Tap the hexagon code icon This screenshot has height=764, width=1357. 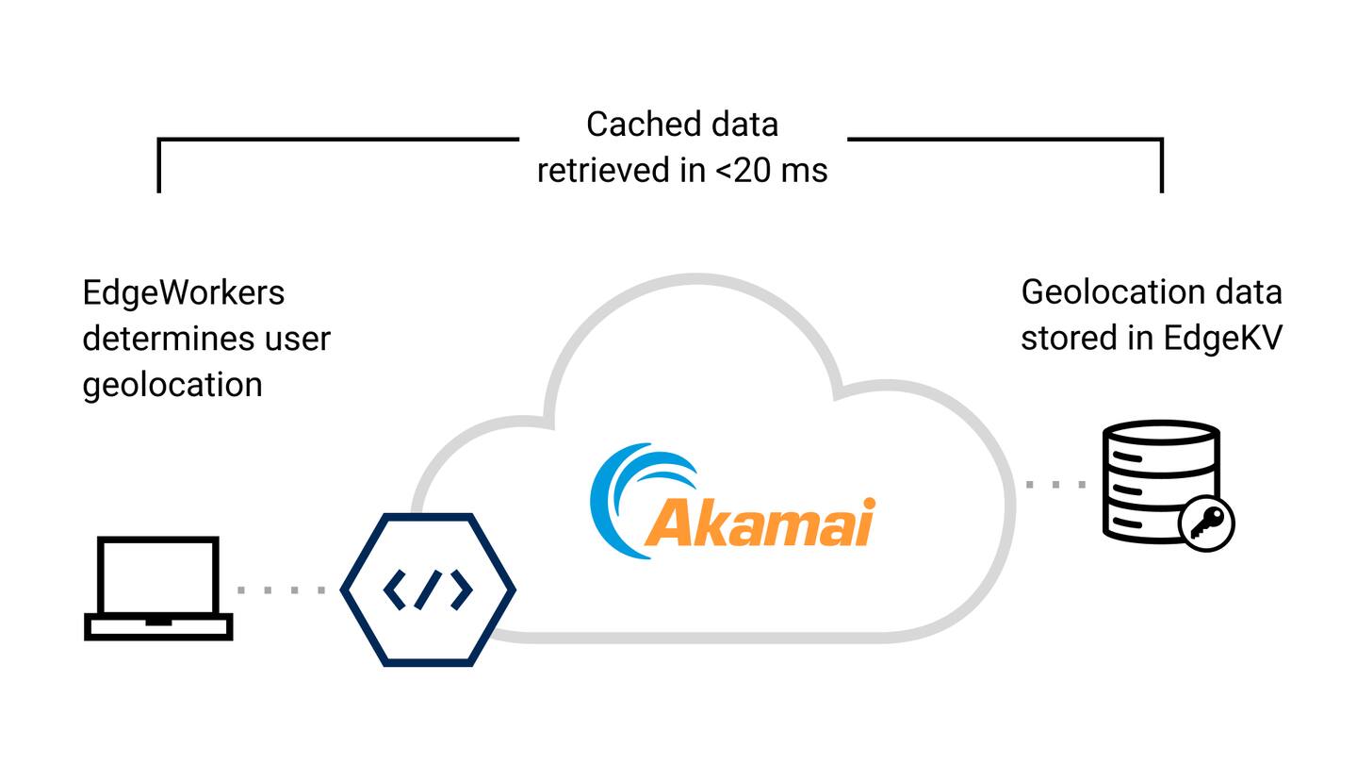428,590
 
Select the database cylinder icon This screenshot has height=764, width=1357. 1160,481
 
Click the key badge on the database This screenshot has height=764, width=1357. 1206,523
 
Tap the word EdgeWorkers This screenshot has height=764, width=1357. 184,292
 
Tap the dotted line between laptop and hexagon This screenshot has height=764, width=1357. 282,590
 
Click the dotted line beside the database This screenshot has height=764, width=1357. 1055,485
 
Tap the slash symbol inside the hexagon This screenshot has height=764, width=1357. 428,590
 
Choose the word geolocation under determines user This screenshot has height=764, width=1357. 172,384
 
